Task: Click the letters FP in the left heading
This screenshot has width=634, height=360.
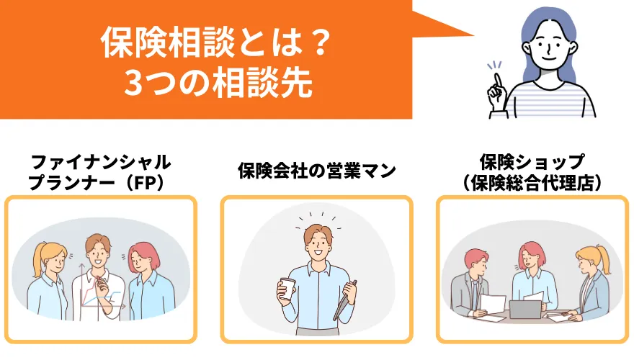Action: tap(144, 184)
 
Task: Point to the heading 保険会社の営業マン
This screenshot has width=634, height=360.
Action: tap(317, 171)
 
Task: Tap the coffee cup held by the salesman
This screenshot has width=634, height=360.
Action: tap(287, 288)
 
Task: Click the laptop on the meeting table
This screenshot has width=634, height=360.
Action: tap(524, 309)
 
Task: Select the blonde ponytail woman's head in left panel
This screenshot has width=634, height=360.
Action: tap(50, 258)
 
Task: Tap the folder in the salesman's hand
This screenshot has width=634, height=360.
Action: tap(344, 301)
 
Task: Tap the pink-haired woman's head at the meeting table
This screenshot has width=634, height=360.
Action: tap(532, 255)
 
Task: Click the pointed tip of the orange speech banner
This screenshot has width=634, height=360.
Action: tap(473, 35)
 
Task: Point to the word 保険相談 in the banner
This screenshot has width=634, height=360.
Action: tap(167, 42)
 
